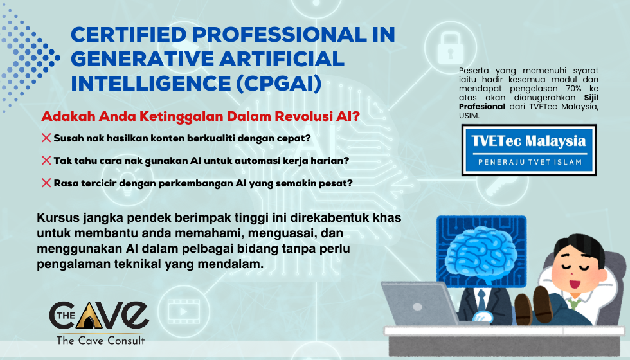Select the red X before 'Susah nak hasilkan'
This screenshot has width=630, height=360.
46,138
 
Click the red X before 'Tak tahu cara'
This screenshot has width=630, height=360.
46,160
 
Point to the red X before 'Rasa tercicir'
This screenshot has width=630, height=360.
46,183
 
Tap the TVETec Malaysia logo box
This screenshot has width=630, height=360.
529,150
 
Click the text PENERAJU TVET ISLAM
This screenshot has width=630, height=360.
529,162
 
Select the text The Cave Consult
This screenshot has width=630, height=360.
100,340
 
